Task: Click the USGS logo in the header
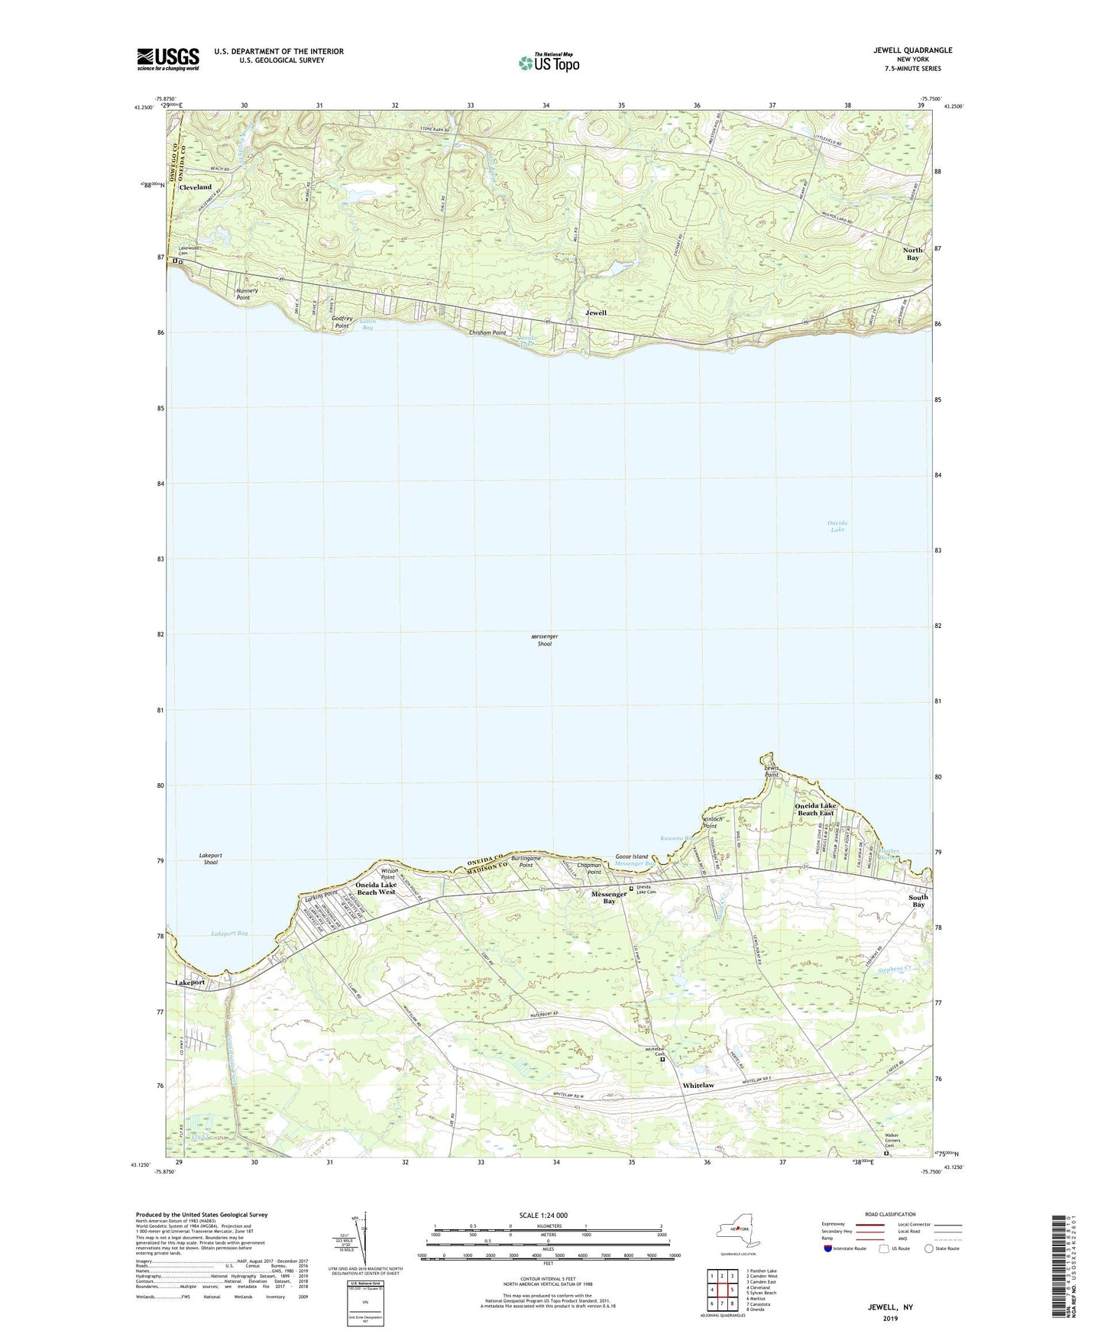pyautogui.click(x=168, y=58)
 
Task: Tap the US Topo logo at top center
pyautogui.click(x=548, y=63)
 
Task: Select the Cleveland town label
pyautogui.click(x=195, y=187)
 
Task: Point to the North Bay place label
pyautogui.click(x=912, y=254)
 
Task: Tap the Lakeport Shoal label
pyautogui.click(x=211, y=859)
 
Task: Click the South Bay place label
pyautogui.click(x=918, y=901)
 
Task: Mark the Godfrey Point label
pyautogui.click(x=342, y=322)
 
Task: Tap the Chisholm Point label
pyautogui.click(x=487, y=333)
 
